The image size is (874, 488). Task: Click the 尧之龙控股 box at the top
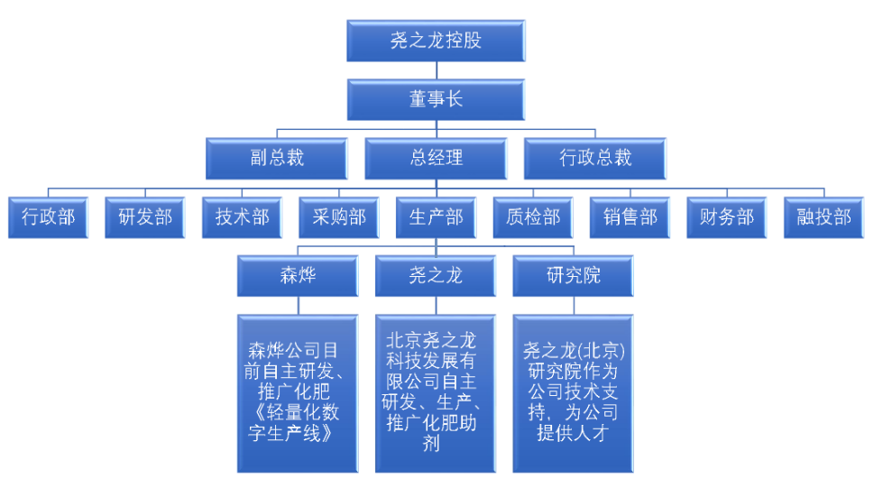[436, 41]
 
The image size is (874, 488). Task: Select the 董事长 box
[436, 99]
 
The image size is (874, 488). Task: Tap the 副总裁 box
[277, 158]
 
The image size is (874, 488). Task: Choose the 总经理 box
[436, 158]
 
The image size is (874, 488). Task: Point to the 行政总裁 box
[595, 158]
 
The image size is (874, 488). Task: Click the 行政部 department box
[48, 217]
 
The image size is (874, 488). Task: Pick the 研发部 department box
[145, 217]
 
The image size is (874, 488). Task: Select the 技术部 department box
[242, 217]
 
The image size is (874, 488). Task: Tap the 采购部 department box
[339, 217]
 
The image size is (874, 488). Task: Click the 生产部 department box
[436, 217]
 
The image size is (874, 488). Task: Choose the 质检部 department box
[533, 217]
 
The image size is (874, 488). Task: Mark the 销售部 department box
[630, 217]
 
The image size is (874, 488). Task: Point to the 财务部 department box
[727, 217]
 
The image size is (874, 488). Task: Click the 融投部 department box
[823, 217]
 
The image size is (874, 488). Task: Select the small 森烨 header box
[297, 276]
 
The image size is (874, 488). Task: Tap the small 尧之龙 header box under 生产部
[436, 276]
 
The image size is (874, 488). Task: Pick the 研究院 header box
[573, 276]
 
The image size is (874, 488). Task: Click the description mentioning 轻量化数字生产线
[297, 393]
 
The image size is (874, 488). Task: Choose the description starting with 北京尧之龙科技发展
[436, 393]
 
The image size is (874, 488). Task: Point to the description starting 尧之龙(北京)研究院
[573, 393]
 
